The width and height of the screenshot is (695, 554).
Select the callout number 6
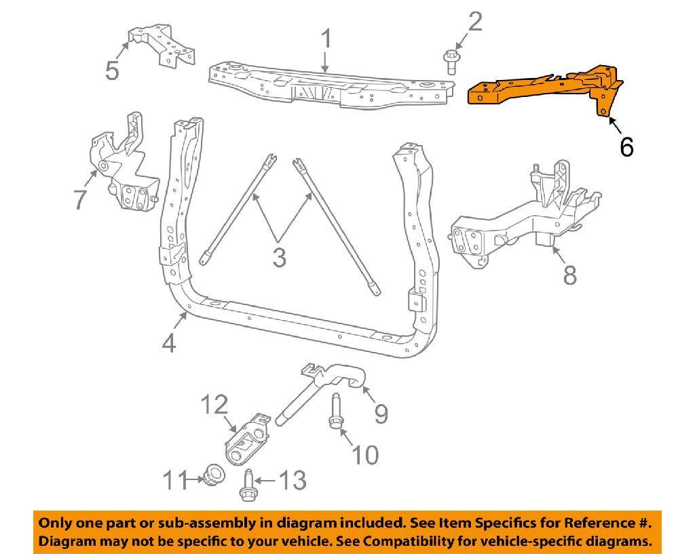(x=626, y=146)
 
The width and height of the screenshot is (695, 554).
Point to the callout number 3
(x=279, y=258)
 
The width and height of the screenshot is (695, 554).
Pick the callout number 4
(x=169, y=344)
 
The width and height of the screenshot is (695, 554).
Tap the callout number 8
(x=569, y=275)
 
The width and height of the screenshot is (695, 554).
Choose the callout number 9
(x=381, y=413)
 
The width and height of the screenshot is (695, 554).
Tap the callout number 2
(x=474, y=22)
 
